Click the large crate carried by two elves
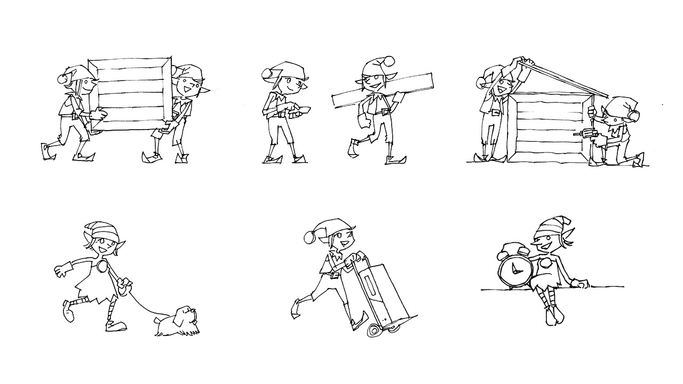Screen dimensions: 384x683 131,94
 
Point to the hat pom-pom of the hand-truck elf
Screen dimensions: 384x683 309,236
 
